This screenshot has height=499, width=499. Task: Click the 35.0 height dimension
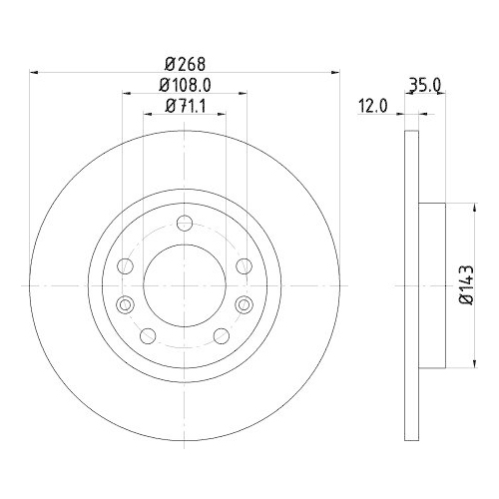426,87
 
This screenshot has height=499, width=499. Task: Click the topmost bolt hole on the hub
184,225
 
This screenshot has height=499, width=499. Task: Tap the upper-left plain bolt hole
125,265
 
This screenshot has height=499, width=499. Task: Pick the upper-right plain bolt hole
244,265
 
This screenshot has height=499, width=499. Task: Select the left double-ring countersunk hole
125,304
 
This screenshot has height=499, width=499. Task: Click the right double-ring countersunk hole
244,304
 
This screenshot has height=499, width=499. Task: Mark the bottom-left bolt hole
148,335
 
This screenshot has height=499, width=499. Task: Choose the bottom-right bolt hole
221,335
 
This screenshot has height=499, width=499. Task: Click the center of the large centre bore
184,284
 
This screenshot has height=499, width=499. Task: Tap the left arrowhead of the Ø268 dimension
36,71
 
